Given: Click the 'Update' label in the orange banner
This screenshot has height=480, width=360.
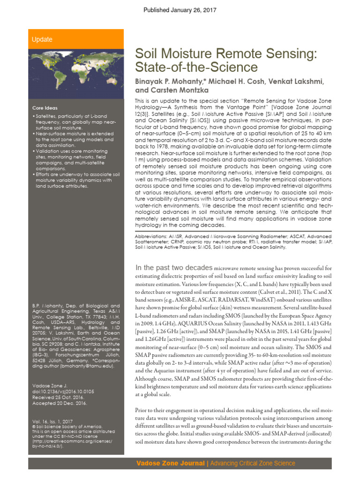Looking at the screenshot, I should point(42,39).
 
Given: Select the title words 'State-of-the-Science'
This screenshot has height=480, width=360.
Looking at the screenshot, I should point(196,67).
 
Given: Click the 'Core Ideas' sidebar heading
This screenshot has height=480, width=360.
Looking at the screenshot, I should point(45,108).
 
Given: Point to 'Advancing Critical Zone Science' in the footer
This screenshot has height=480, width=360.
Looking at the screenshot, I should point(253,463).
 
